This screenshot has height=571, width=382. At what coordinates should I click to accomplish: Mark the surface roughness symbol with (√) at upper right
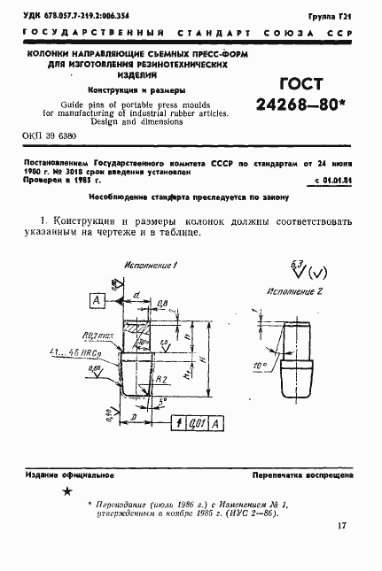point(300,266)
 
